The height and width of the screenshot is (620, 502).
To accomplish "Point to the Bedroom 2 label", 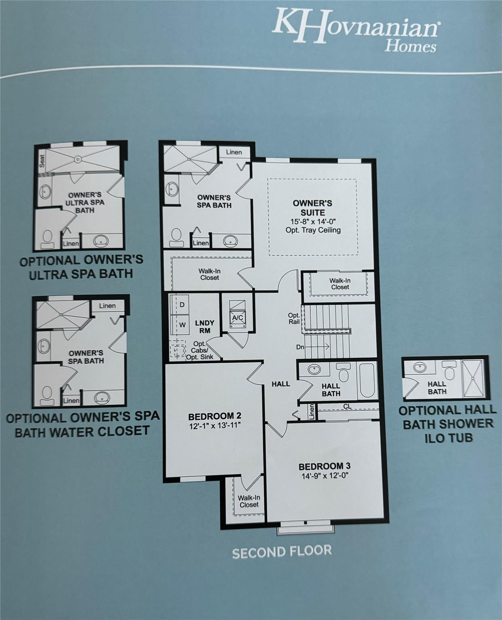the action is pyautogui.click(x=215, y=416).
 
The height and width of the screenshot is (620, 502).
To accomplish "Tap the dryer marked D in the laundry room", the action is pyautogui.click(x=182, y=304).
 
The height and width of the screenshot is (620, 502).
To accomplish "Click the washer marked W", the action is pyautogui.click(x=182, y=324).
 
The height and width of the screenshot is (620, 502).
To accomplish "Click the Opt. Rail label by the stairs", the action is pyautogui.click(x=294, y=318).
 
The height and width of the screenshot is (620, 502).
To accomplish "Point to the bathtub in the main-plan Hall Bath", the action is pyautogui.click(x=367, y=381).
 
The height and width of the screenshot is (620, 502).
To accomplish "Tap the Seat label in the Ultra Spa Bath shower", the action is pyautogui.click(x=42, y=161).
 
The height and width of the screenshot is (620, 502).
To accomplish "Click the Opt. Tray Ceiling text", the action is pyautogui.click(x=313, y=230).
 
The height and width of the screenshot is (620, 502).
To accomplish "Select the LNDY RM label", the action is pyautogui.click(x=205, y=327).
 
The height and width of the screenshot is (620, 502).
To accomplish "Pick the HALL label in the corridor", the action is pyautogui.click(x=281, y=384).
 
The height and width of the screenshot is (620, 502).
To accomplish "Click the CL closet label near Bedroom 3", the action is pyautogui.click(x=347, y=406).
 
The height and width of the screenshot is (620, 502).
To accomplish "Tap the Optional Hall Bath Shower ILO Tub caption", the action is pyautogui.click(x=447, y=424).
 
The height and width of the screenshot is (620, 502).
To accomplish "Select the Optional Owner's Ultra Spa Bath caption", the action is pyautogui.click(x=81, y=267).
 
